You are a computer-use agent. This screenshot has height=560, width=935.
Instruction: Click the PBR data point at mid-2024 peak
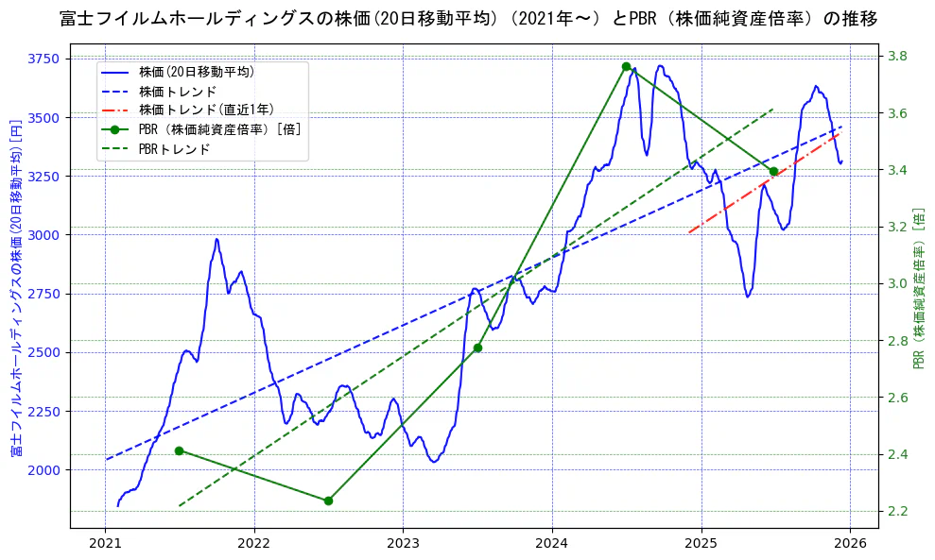[x=626, y=66]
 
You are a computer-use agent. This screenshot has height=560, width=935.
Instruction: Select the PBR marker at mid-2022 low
[x=328, y=501]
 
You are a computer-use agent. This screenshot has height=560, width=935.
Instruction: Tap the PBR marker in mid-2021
[x=179, y=450]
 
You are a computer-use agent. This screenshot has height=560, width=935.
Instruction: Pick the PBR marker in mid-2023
[x=477, y=348]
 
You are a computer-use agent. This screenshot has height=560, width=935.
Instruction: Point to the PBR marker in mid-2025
[x=773, y=171]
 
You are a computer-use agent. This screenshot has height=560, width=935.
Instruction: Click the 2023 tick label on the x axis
[x=403, y=543]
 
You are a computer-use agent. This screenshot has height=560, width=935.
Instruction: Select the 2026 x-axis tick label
[x=850, y=543]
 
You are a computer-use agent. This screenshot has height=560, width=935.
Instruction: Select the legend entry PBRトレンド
[x=174, y=149]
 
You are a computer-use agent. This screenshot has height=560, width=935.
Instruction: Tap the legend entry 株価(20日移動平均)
[x=196, y=71]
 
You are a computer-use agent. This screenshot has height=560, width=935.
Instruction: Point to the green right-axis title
[x=918, y=288]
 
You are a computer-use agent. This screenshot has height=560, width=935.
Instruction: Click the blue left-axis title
[x=15, y=288]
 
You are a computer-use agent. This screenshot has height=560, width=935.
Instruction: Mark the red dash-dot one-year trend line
[x=766, y=185]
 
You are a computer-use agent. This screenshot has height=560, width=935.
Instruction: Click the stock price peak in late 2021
[x=216, y=239]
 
